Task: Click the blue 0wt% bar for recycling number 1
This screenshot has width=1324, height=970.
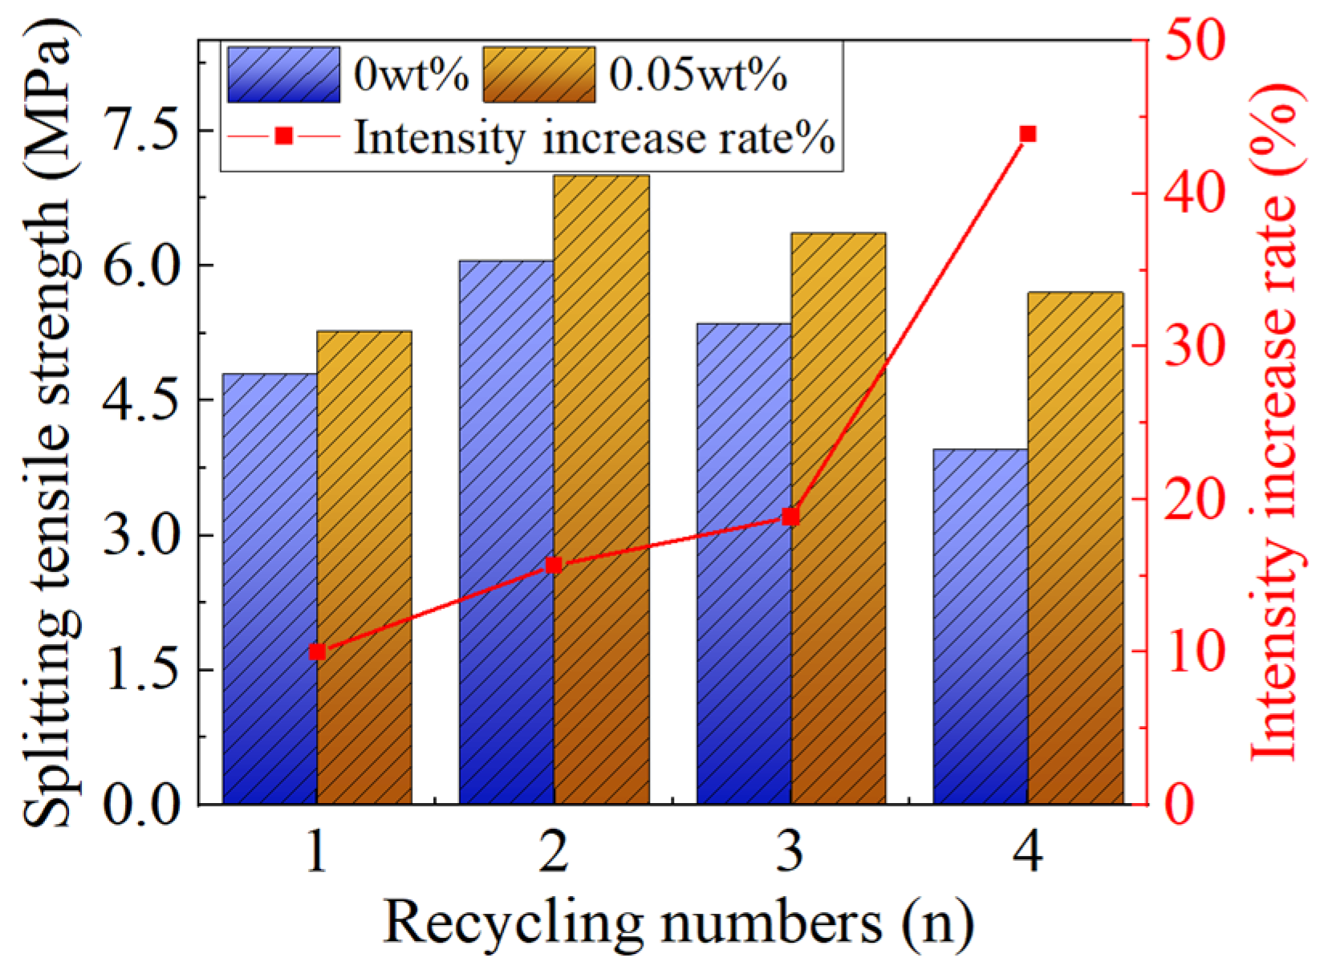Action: [270, 590]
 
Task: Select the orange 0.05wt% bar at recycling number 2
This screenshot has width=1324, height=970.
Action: [601, 489]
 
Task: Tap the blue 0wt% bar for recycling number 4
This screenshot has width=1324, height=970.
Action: [981, 626]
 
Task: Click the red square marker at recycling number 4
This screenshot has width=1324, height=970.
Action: [1028, 134]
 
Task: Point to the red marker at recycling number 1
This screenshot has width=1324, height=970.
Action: [317, 652]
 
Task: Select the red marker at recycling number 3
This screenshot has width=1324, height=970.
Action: [790, 517]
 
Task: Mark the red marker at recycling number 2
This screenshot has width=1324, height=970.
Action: [554, 566]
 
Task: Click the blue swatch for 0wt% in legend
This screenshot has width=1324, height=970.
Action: [283, 75]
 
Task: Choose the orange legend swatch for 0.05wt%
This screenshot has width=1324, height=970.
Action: [538, 75]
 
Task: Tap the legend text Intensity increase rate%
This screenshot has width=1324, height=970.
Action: [595, 137]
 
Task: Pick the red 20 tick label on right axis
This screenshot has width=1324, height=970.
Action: [1195, 499]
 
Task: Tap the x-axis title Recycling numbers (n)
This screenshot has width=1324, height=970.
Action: [678, 923]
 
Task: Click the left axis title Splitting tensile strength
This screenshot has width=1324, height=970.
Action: [50, 425]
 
